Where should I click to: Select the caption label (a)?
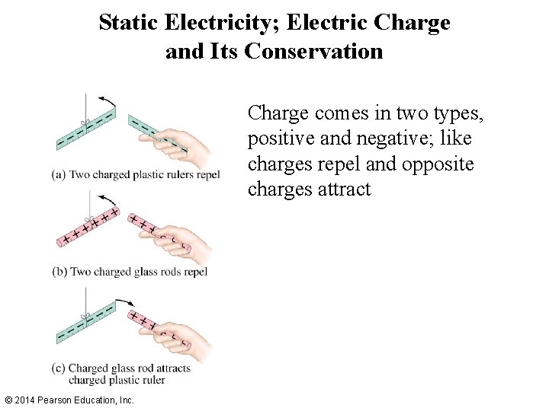[x=59, y=174]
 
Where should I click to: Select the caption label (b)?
[x=59, y=271]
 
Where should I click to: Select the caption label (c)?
[x=59, y=368]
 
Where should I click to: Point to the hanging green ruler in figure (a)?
[x=85, y=128]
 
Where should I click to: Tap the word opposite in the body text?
[x=441, y=164]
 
